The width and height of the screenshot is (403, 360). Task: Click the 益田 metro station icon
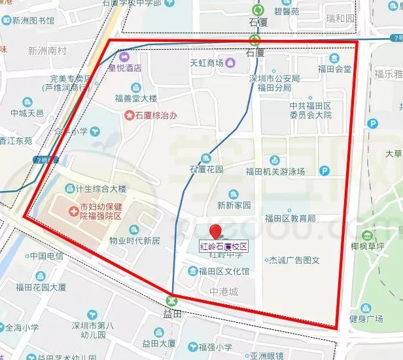[x=172, y=300]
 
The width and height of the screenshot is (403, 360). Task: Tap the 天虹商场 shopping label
[x=207, y=63]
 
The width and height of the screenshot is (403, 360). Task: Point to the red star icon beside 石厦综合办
[x=130, y=115]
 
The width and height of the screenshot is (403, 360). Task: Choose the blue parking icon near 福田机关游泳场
[x=324, y=171]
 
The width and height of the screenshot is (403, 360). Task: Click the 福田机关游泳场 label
[x=275, y=172]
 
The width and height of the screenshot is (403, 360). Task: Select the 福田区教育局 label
[x=290, y=217]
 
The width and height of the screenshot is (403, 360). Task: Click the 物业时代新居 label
[x=134, y=240]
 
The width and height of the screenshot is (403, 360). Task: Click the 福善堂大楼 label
[x=136, y=99]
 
